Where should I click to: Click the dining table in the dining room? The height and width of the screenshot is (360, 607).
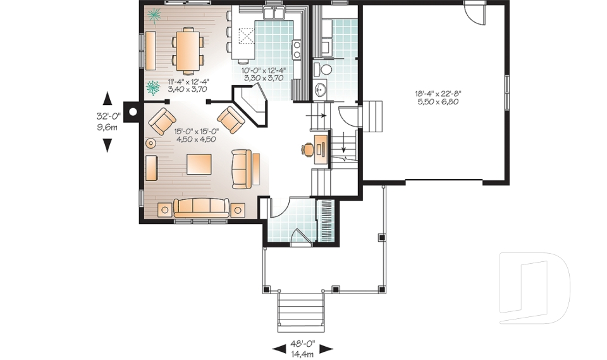point(187,51)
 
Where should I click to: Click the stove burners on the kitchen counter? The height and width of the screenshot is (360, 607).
point(296,49)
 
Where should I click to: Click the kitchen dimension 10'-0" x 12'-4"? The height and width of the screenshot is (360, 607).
point(264,70)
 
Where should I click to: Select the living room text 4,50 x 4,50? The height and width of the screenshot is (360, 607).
point(195,139)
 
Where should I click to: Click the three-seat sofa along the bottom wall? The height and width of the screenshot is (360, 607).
point(202,206)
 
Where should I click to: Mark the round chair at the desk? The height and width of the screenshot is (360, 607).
point(308,149)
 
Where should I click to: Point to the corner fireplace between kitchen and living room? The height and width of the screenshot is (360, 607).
point(250,104)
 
